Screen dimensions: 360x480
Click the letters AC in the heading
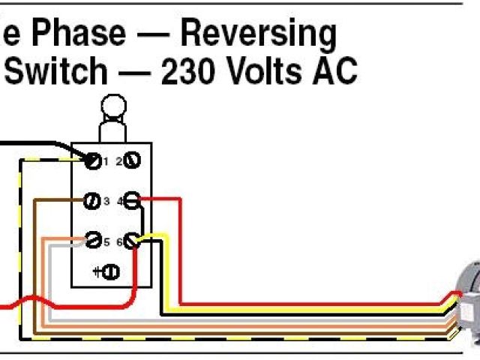click(336, 72)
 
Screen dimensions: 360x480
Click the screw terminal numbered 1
click(94, 160)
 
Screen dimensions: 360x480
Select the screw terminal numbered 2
click(133, 160)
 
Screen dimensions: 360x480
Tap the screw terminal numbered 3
click(94, 200)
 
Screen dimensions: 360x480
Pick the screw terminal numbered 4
click(133, 200)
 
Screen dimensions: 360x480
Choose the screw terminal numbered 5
click(94, 241)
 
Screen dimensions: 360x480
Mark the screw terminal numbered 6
click(133, 241)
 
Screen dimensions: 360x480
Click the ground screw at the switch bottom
click(109, 271)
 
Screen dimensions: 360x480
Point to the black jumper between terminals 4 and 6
click(141, 220)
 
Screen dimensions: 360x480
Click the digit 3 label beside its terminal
click(106, 200)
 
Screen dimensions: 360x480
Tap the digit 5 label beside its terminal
click(106, 241)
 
